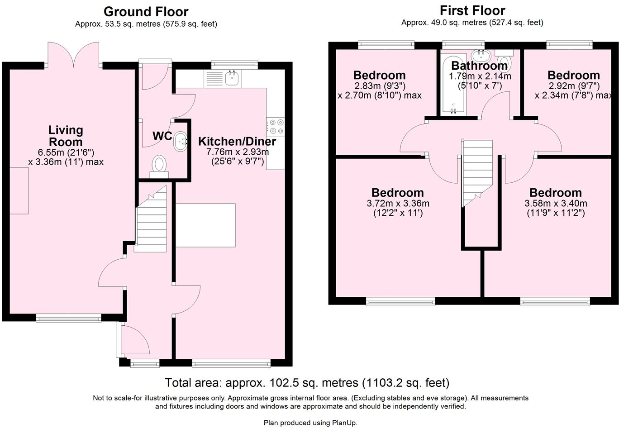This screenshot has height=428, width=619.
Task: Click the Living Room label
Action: tap(66, 136)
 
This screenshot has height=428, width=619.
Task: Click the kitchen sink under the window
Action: tap(232, 79)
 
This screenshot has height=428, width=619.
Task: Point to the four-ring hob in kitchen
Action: tap(276, 126)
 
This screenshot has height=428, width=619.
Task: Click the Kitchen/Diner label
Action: tap(237, 141)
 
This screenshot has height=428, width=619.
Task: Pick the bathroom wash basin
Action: tap(480, 56)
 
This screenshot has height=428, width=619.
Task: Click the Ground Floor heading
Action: tap(146, 11)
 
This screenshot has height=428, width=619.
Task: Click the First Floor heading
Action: tap(472, 10)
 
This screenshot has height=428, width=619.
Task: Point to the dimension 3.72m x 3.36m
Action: tap(398, 204)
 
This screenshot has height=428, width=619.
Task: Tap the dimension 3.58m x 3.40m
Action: tap(556, 204)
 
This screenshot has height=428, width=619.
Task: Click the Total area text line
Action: tap(307, 383)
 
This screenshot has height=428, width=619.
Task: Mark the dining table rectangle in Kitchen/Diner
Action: tap(205, 225)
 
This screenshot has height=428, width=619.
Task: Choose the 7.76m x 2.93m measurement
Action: tap(237, 152)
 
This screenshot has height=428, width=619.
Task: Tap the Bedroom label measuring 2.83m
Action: tap(379, 75)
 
